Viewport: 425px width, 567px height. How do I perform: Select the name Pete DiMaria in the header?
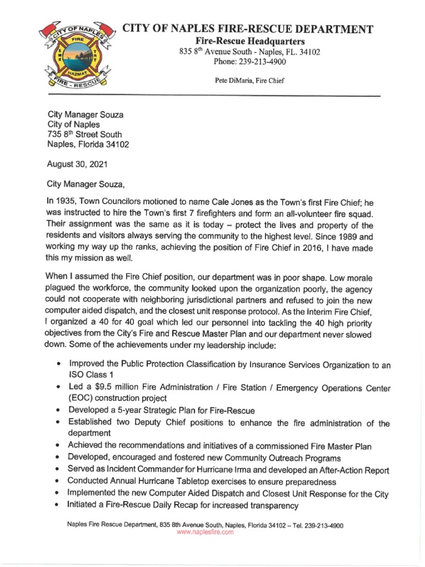[232, 80]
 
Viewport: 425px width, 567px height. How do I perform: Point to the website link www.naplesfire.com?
[205, 532]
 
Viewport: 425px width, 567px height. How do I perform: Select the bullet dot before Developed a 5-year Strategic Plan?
[59, 410]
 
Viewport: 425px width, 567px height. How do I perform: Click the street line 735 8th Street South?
[85, 135]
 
